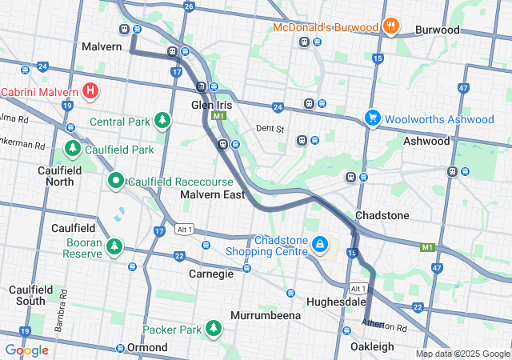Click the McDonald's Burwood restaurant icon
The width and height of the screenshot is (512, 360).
pos(390,26)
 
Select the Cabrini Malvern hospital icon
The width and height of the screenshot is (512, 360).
pos(90,91)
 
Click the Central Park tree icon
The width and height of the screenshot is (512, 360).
pos(163,121)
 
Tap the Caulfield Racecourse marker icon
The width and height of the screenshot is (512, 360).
pos(115,182)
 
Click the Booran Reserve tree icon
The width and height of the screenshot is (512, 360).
pos(115,246)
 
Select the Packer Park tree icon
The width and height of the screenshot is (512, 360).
pos(214,328)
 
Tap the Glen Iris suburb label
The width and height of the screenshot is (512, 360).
pos(211,105)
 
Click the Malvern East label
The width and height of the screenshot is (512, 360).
pos(212,194)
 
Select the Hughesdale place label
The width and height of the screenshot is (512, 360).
pos(337,302)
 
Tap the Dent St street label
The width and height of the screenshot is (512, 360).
pos(270,128)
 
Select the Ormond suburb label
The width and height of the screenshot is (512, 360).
pos(147,347)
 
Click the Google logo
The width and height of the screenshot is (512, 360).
pos(26,350)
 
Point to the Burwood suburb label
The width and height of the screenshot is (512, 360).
pos(437,30)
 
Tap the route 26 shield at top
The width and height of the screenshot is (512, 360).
pos(189,6)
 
